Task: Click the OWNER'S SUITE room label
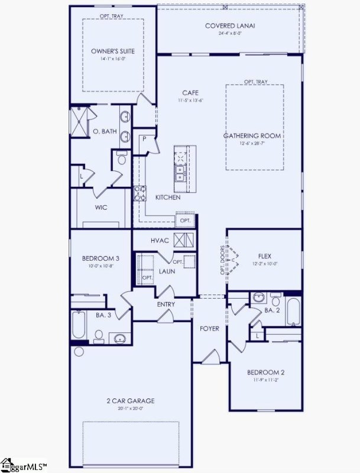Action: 113,51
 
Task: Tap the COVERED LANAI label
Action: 229,25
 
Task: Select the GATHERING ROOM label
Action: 252,136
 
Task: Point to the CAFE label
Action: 190,93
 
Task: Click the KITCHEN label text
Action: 168,197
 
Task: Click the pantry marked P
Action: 144,138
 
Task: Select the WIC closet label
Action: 100,208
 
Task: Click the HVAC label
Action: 161,240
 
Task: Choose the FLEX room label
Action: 265,256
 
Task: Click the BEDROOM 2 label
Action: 266,372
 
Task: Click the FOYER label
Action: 210,328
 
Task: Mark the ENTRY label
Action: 166,304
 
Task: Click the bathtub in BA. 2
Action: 294,313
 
